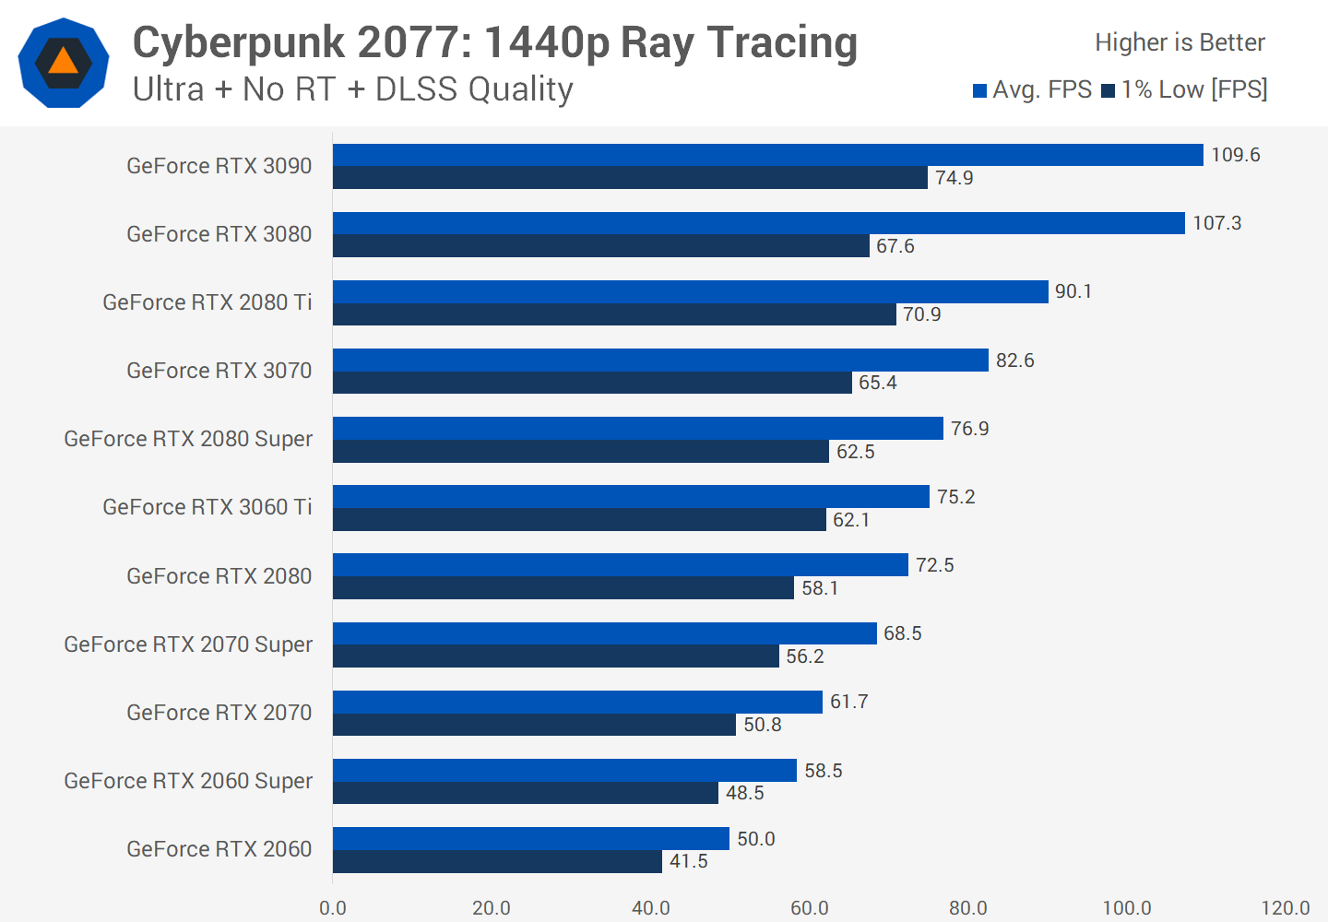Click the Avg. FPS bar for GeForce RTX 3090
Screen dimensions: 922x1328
[767, 155]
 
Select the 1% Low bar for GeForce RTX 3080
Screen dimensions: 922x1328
[600, 246]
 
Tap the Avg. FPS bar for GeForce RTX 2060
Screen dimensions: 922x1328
[530, 838]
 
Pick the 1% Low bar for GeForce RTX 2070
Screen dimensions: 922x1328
[534, 725]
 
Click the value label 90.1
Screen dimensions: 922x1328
[1073, 291]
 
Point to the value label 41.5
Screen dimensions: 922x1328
[688, 861]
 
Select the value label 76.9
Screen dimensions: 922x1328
[969, 429]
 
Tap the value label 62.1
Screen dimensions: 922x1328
[851, 520]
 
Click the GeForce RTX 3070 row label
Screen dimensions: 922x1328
[219, 371]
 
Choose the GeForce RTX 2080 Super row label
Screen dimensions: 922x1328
[188, 439]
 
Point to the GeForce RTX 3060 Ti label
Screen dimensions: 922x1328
[207, 507]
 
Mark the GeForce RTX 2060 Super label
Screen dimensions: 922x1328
[188, 781]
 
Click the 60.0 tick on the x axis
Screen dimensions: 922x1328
[809, 908]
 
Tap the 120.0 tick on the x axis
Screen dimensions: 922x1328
[1286, 908]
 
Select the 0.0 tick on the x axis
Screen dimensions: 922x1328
[333, 908]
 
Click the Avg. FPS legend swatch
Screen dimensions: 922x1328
[980, 90]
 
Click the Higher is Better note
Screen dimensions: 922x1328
[1180, 42]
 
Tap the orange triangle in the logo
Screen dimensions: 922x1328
[63, 62]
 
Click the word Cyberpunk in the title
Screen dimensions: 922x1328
[237, 43]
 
